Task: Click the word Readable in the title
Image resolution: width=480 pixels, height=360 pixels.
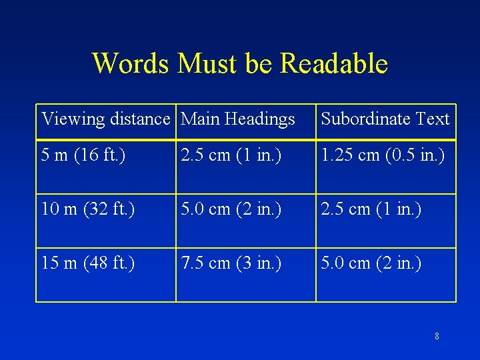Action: pyautogui.click(x=334, y=63)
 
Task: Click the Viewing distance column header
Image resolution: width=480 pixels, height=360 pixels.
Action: pyautogui.click(x=106, y=119)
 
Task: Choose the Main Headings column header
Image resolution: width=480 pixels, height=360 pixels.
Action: pyautogui.click(x=238, y=119)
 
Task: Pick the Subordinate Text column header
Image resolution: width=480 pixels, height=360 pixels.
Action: pyautogui.click(x=385, y=119)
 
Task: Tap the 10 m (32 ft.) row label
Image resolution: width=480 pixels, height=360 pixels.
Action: pyautogui.click(x=88, y=209)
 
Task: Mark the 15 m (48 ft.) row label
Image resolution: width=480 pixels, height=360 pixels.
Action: pyautogui.click(x=88, y=263)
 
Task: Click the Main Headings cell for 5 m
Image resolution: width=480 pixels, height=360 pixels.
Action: pyautogui.click(x=231, y=155)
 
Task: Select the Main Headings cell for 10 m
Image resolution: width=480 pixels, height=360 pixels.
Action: pyautogui.click(x=231, y=209)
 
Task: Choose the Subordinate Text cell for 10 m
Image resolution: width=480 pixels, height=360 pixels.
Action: pyautogui.click(x=371, y=209)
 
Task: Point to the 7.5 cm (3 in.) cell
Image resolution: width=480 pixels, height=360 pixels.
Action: pyautogui.click(x=231, y=263)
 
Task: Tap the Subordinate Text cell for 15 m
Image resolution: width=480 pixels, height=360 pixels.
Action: pyautogui.click(x=371, y=263)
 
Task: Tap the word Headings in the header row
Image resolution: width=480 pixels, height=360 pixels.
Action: pyautogui.click(x=259, y=119)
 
